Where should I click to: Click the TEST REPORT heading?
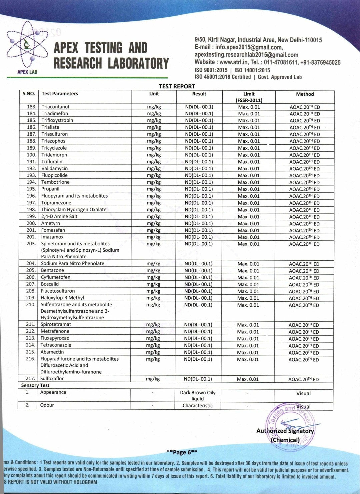coord(177,86)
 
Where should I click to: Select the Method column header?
coord(305,94)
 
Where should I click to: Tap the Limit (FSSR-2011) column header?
coord(249,97)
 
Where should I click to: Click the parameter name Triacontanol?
coord(55,107)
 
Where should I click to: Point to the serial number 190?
coord(31,155)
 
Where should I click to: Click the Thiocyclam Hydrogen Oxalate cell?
coord(74,210)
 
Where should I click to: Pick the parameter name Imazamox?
coord(52,237)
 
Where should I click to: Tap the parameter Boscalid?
coord(50,284)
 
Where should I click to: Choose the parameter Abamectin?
coord(52,352)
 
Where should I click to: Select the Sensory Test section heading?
coord(35,385)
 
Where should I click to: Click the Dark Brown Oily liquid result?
coord(198,396)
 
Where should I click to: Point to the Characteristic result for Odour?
coord(197,406)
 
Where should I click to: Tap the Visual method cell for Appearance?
coord(303,394)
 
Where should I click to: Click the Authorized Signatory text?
coord(285,431)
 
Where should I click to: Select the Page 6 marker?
coord(182,452)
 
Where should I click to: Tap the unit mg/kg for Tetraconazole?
coord(153,345)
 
